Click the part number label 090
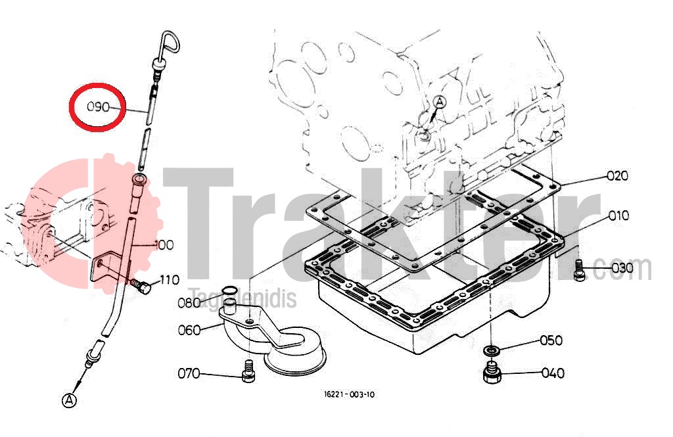[99, 106]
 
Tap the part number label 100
[164, 245]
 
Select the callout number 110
[169, 280]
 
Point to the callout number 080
[189, 303]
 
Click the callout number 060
[189, 330]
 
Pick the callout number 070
[189, 373]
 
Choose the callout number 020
[617, 175]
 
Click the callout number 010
[618, 215]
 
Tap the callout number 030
[622, 268]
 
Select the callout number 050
[551, 340]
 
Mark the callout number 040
[553, 373]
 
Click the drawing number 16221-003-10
[350, 394]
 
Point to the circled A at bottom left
[69, 400]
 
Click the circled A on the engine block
[440, 102]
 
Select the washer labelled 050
[492, 351]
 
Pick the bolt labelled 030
[579, 271]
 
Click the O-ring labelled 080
[229, 292]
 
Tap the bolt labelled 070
[248, 371]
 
